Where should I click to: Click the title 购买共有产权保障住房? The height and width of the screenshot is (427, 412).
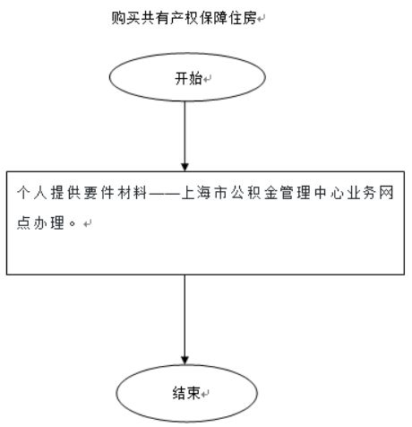[x=185, y=18]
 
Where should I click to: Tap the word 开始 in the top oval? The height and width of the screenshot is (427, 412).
[x=189, y=79]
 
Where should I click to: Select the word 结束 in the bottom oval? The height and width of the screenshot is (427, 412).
[x=186, y=393]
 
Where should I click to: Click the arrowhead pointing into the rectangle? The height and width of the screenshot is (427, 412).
[x=185, y=167]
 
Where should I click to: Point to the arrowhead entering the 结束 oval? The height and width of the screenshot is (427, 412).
[x=185, y=361]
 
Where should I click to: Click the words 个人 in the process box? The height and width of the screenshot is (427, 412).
[x=32, y=193]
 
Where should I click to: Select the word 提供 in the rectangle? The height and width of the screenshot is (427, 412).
[x=65, y=193]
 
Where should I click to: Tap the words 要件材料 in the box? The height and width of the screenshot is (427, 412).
[x=116, y=193]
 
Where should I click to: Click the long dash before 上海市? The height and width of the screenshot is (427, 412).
[x=164, y=193]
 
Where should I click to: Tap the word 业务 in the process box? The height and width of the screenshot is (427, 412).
[x=361, y=193]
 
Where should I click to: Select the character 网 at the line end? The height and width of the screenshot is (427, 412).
[x=386, y=193]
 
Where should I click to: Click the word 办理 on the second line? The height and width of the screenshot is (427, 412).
[x=49, y=222]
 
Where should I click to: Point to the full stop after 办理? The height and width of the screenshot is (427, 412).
[x=72, y=223]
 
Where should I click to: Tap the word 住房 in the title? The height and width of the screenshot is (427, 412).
[x=243, y=18]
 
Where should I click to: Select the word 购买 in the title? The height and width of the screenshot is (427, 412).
[x=125, y=18]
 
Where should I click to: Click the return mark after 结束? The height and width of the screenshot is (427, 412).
[x=205, y=394]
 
